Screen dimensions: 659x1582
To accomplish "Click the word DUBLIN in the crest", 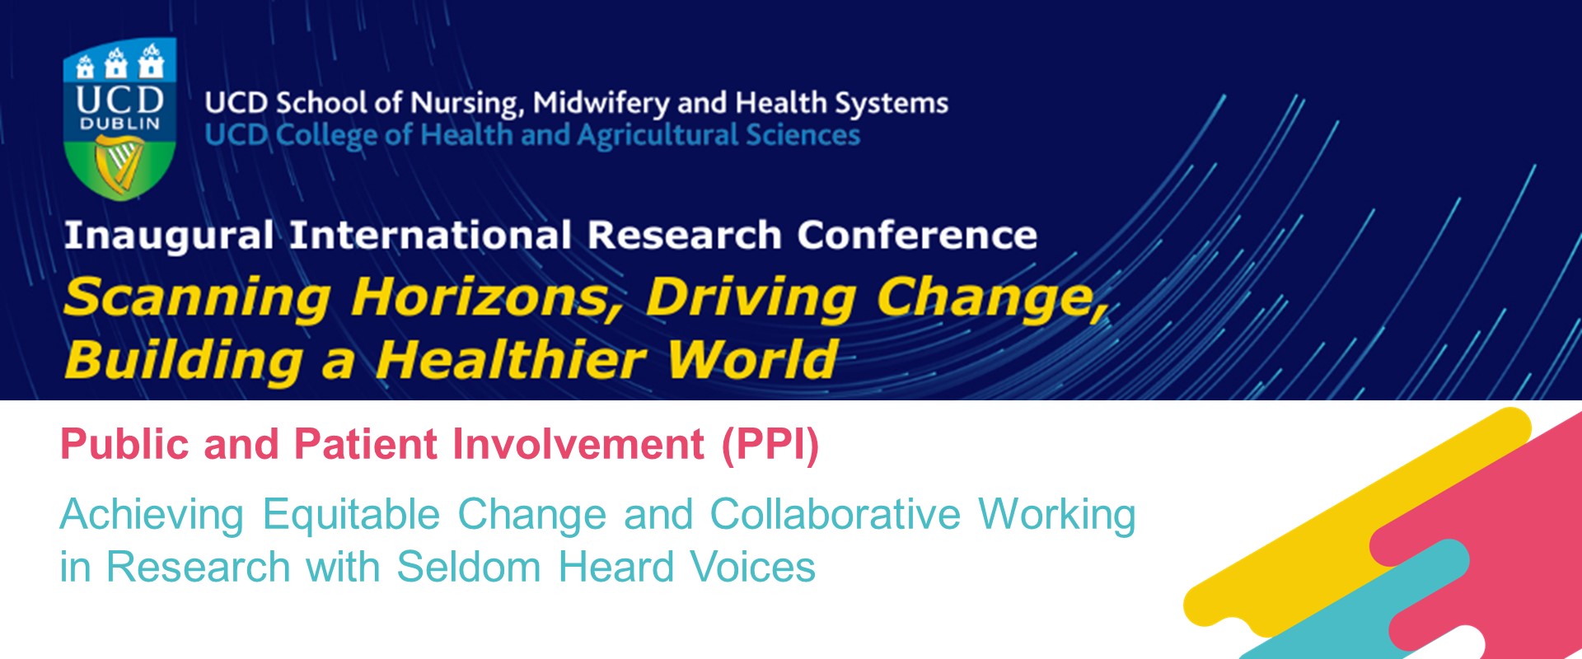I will click(x=119, y=124).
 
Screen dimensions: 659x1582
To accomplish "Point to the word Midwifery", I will click(x=601, y=104).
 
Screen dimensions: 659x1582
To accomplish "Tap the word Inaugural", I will click(x=168, y=236).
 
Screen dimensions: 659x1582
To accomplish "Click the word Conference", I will click(x=916, y=236).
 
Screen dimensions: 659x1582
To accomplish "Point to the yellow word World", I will click(x=751, y=360).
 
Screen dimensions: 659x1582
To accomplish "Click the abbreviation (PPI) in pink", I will click(x=770, y=445).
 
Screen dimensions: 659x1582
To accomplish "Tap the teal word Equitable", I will click(x=351, y=515).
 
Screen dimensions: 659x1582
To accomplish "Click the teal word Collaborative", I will click(x=835, y=515).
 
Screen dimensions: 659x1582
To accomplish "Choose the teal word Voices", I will click(x=752, y=568).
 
